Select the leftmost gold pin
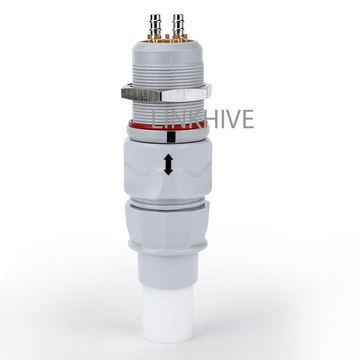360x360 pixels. point(150,38)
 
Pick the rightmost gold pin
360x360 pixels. point(185,38)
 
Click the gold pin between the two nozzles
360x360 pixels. point(167,38)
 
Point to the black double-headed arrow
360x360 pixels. point(168,164)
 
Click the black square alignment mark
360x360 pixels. point(171,137)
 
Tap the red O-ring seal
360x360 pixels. point(168,125)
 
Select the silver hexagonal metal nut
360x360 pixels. point(166,93)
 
